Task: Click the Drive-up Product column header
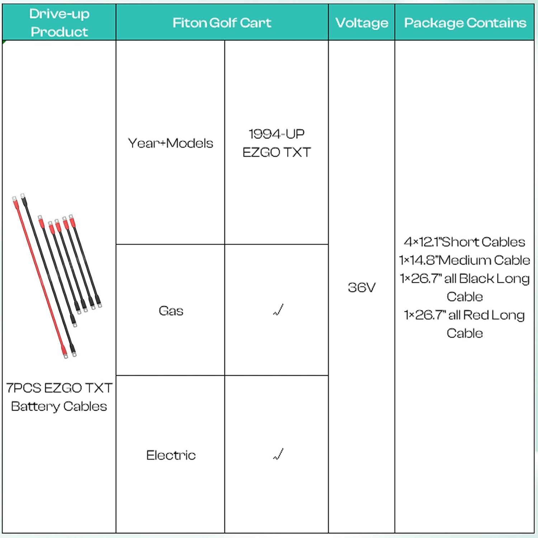click(x=59, y=23)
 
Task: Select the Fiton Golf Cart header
click(x=222, y=23)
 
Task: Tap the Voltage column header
click(x=362, y=23)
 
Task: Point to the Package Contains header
click(x=465, y=23)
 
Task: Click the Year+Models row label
click(x=170, y=143)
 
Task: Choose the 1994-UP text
click(x=277, y=134)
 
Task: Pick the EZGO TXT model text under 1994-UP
click(x=277, y=152)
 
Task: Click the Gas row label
click(x=171, y=311)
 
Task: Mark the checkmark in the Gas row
click(x=278, y=310)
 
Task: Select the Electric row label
click(x=171, y=455)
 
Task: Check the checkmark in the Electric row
click(x=278, y=454)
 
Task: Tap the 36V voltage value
click(x=362, y=287)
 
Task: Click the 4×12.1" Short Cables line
click(x=464, y=242)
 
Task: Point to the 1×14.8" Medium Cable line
click(x=464, y=260)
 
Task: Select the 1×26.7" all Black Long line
click(x=464, y=279)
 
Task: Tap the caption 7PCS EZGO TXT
click(x=59, y=388)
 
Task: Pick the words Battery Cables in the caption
click(x=59, y=406)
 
